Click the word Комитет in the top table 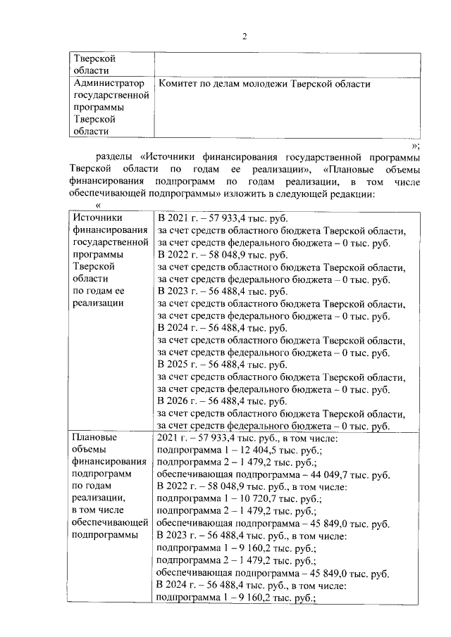[x=180, y=84]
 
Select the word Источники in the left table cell [x=98, y=218]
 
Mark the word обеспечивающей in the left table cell [x=109, y=522]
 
